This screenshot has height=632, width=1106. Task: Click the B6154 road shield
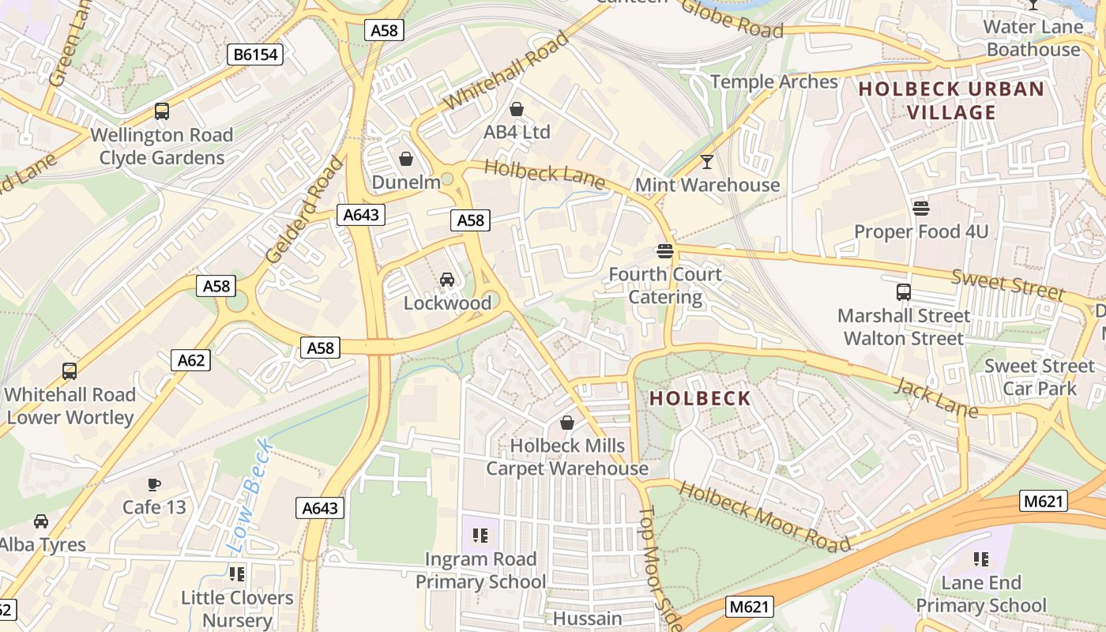[x=254, y=55]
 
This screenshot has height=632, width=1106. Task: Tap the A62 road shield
[x=190, y=360]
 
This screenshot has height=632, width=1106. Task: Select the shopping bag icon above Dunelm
[x=406, y=159]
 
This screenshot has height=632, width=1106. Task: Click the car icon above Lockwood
[x=447, y=279]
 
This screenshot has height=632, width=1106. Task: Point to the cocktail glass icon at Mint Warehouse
[x=707, y=162]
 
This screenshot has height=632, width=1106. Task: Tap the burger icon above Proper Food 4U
[x=921, y=209]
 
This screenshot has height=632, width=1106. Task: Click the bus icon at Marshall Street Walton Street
[x=904, y=292]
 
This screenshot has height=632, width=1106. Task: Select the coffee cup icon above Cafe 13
[x=154, y=483]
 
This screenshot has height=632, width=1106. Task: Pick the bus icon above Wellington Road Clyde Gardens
[x=162, y=111]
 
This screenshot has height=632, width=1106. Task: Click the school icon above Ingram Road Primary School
[x=480, y=536]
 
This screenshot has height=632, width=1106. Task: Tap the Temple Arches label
[x=773, y=81]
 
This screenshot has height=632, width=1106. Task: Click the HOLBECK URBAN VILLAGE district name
[x=951, y=100]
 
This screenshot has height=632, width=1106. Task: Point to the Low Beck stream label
[x=250, y=496]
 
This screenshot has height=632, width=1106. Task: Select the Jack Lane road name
[x=935, y=397]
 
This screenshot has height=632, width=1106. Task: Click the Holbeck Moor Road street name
[x=763, y=517]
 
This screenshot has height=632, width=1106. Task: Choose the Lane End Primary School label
[x=981, y=594]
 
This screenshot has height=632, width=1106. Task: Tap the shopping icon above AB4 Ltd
[x=517, y=109]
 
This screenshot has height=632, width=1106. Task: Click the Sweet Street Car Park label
[x=1040, y=377]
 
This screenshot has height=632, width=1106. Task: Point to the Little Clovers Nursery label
[x=237, y=608]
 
